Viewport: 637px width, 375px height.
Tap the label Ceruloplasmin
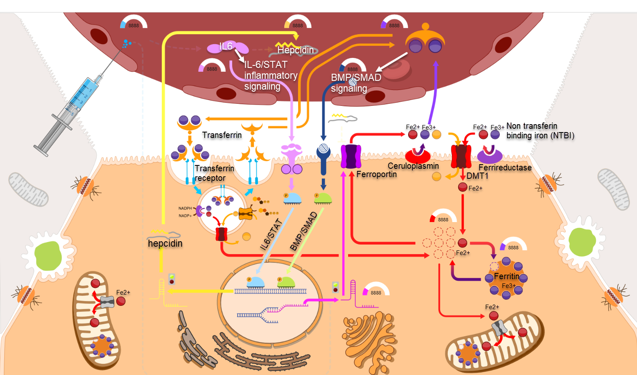click(x=413, y=166)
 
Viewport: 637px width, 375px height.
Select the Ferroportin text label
click(x=376, y=174)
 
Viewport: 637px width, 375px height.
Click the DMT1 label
click(x=477, y=176)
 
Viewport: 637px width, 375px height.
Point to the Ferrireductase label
click(x=505, y=167)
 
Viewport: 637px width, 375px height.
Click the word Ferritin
click(x=507, y=276)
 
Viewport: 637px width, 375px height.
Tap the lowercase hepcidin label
click(x=165, y=243)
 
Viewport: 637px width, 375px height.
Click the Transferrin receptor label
click(x=214, y=173)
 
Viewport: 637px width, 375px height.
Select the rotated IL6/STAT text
click(x=271, y=234)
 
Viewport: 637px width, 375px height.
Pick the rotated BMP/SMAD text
click(x=303, y=232)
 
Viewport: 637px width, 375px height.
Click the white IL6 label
click(x=226, y=46)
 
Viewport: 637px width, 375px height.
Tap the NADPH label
click(x=185, y=208)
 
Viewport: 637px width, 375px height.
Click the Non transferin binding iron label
click(x=540, y=131)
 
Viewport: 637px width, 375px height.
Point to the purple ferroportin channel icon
click(x=351, y=156)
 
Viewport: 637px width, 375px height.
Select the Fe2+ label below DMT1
click(x=475, y=188)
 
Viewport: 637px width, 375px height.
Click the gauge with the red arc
click(x=443, y=216)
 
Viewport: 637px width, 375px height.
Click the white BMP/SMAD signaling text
click(x=356, y=83)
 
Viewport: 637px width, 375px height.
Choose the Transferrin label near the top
click(x=222, y=135)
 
